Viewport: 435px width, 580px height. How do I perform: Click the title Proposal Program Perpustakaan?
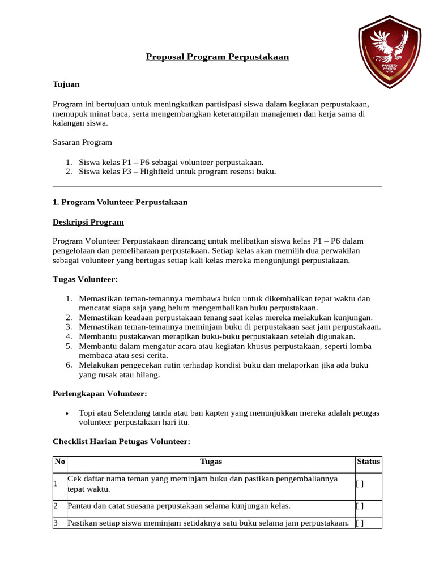(217, 57)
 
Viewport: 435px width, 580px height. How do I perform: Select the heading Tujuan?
(66, 84)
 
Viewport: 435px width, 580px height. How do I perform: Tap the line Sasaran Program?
(82, 142)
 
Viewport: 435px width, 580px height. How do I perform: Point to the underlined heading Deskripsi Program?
(88, 222)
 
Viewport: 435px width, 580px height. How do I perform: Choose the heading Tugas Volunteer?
(85, 280)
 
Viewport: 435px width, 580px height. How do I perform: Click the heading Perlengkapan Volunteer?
(100, 394)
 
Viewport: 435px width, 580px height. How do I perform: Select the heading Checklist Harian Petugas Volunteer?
(121, 441)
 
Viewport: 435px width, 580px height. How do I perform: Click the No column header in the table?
(59, 462)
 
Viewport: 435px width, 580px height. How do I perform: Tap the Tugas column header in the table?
(211, 462)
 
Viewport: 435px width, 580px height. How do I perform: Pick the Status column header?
(368, 462)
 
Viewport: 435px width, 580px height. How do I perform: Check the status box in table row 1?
(360, 484)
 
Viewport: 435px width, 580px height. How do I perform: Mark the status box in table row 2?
(360, 506)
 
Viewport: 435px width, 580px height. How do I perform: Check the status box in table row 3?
(360, 523)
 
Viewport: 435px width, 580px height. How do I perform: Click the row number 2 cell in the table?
(56, 506)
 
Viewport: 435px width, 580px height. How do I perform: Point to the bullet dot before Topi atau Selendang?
(67, 413)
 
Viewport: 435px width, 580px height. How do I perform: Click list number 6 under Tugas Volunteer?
(69, 365)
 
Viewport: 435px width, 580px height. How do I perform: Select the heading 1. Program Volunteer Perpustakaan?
(120, 202)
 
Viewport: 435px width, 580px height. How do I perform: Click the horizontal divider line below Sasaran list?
(217, 186)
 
